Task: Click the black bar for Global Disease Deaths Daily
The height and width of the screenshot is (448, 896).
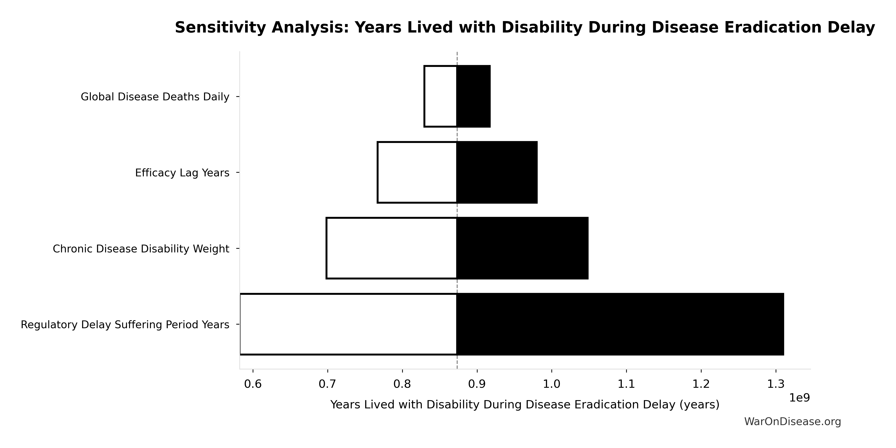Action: [473, 96]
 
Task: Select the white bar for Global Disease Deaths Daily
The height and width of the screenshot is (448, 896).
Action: [440, 96]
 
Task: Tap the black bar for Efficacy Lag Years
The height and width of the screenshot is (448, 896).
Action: [497, 172]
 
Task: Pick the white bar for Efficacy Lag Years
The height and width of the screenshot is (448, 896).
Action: [417, 172]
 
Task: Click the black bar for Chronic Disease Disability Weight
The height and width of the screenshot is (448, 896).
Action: [523, 248]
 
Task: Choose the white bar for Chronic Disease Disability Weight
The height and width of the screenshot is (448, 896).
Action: [391, 248]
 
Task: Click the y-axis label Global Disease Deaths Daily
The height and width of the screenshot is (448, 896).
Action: [155, 97]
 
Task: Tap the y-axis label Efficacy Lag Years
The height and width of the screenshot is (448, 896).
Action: [182, 173]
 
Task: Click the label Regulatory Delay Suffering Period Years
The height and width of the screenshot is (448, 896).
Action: [125, 325]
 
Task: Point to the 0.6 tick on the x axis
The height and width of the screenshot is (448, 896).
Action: [253, 384]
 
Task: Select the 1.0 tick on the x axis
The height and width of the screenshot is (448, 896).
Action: [552, 384]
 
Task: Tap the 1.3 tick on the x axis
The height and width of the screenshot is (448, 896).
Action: [776, 384]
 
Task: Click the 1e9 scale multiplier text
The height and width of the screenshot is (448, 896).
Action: [799, 398]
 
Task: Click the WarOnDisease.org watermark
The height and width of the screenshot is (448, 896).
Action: [792, 422]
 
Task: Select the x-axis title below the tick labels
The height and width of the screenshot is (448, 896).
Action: [525, 404]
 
